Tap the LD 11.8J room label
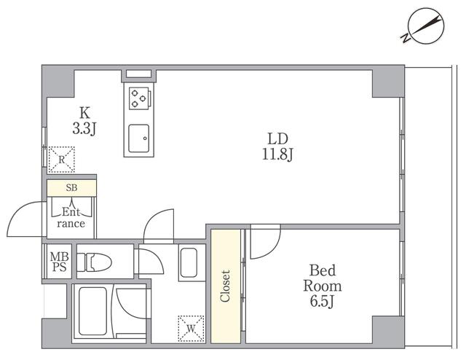tap(278, 146)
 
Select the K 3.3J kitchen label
tap(84, 121)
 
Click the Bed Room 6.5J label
tap(323, 286)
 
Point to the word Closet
tap(225, 286)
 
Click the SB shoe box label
tap(71, 188)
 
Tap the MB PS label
tap(59, 262)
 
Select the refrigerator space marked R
tap(61, 160)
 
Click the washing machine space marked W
tap(191, 329)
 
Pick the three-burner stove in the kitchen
tap(139, 98)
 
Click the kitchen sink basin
tap(139, 138)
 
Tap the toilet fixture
tap(94, 262)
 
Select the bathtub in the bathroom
tap(92, 311)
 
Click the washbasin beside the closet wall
tap(189, 262)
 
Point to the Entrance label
tap(71, 218)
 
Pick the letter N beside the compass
tap(405, 39)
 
